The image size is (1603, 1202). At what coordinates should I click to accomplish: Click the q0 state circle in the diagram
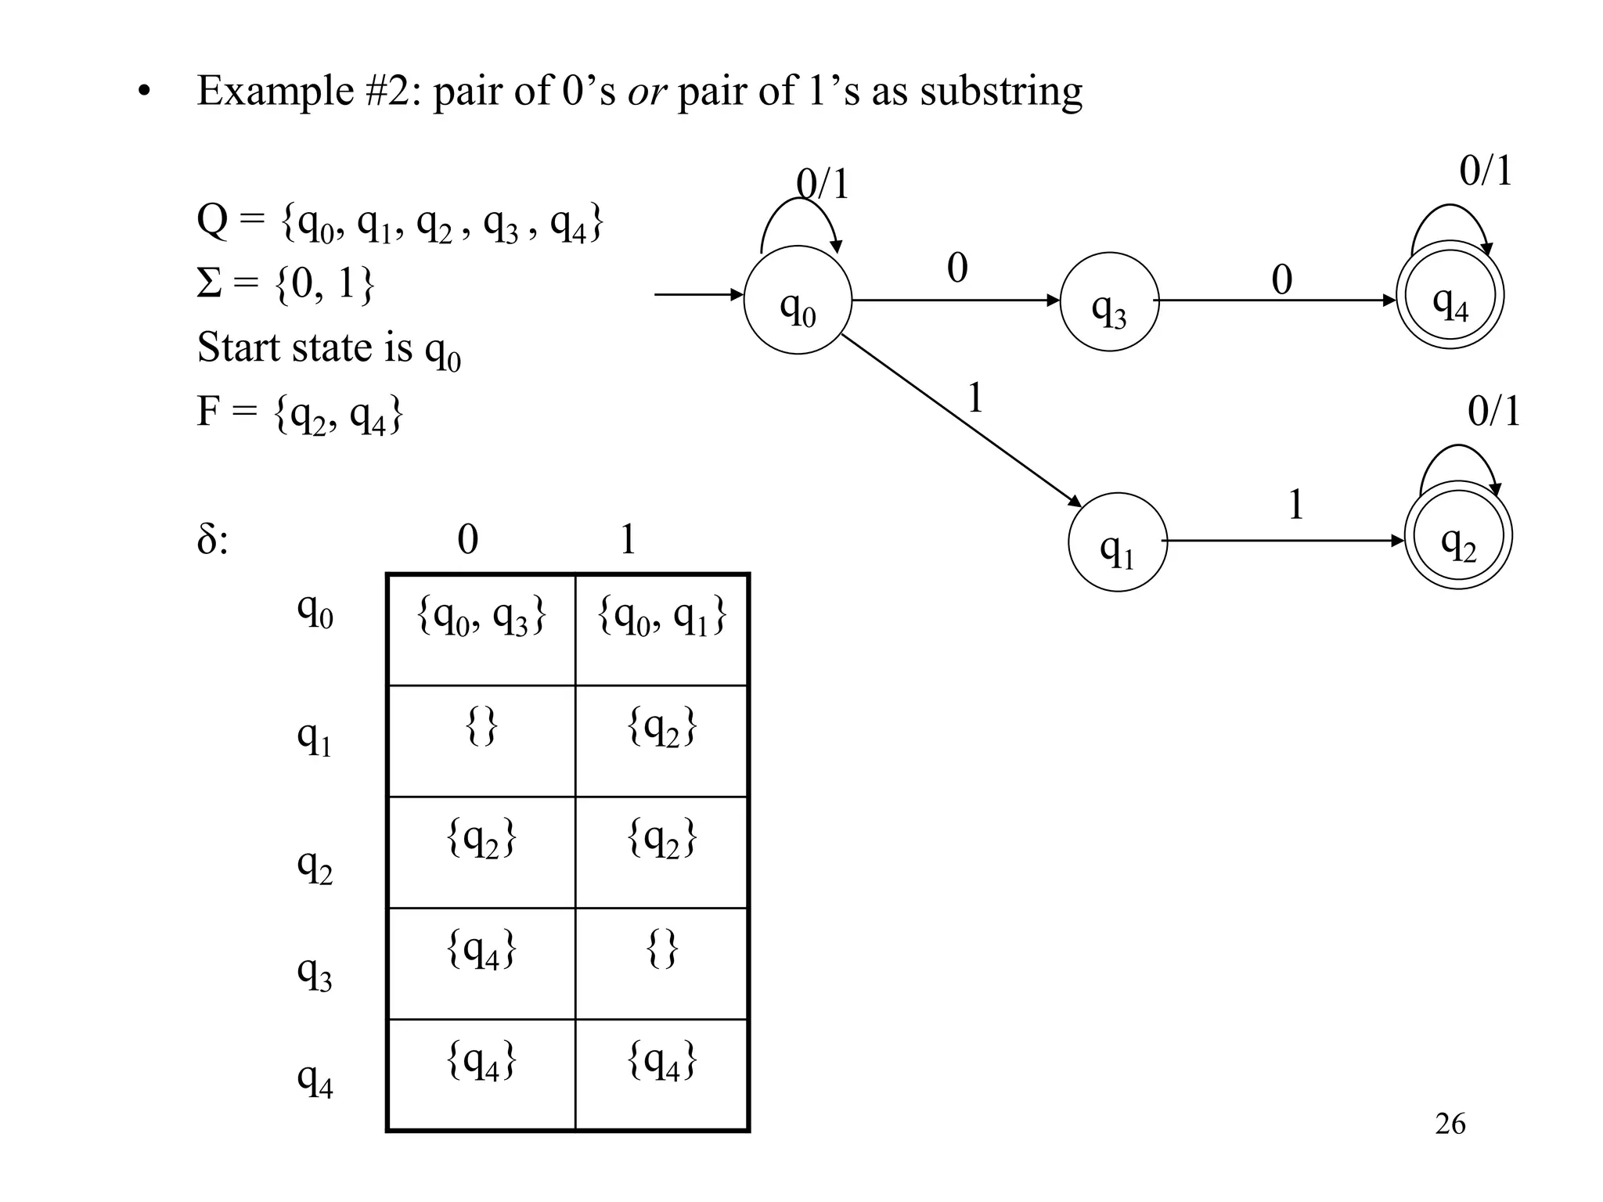[x=797, y=300]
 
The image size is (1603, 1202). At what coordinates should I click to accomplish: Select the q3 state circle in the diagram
[x=1108, y=302]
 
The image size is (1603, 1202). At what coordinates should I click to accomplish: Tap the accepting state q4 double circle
[x=1450, y=295]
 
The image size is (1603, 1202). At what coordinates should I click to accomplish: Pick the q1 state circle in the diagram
[x=1117, y=542]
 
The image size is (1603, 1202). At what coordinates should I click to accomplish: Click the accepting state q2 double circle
[x=1458, y=536]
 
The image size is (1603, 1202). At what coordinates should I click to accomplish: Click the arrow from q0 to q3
[x=955, y=300]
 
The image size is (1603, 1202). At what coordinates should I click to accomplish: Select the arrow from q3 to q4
[x=1276, y=300]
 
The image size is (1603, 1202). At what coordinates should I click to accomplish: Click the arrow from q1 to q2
[x=1284, y=541]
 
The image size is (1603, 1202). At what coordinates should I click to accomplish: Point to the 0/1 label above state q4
[x=1485, y=170]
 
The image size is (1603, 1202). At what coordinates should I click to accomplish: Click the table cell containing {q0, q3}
[x=481, y=629]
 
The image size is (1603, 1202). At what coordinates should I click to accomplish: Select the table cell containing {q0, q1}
[x=661, y=629]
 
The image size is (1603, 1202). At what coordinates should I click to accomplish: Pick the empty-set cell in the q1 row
[x=481, y=740]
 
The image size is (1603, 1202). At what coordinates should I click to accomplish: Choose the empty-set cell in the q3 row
[x=661, y=963]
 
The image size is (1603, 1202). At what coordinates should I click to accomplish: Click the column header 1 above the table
[x=628, y=539]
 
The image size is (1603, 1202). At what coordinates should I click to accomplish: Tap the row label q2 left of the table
[x=315, y=866]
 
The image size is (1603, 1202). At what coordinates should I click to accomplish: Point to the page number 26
[x=1450, y=1124]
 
